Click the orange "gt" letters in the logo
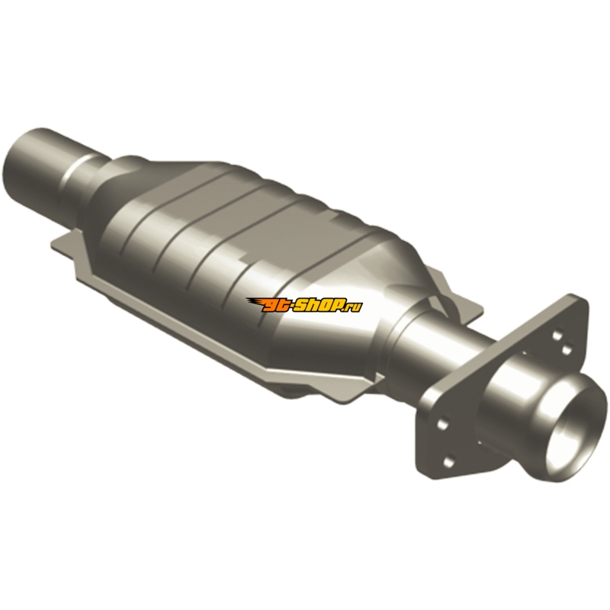tap(274, 306)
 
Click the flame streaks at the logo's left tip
tap(255, 303)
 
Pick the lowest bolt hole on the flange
tap(448, 462)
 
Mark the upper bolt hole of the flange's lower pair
tap(442, 423)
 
